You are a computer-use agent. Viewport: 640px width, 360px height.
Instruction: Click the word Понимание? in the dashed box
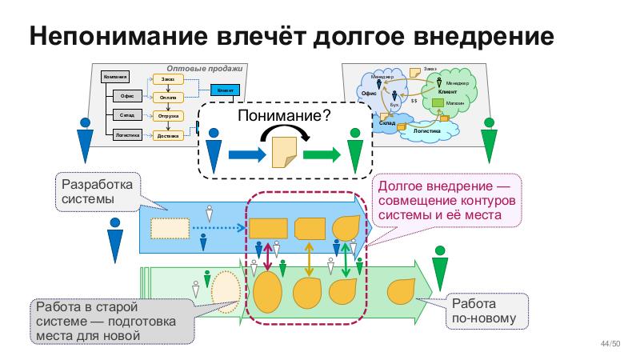(x=285, y=117)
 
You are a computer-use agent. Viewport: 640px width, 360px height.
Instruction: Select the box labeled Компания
(x=115, y=77)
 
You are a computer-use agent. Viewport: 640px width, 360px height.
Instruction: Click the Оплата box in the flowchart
(x=168, y=98)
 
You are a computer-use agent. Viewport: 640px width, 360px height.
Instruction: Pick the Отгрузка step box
(x=168, y=116)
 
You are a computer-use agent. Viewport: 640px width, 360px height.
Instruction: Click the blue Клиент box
(x=225, y=90)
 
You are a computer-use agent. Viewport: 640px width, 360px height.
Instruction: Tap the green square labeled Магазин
(x=438, y=102)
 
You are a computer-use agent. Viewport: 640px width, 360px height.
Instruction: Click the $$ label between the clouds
(x=414, y=100)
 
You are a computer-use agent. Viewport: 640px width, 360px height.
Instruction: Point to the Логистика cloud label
(x=427, y=129)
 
